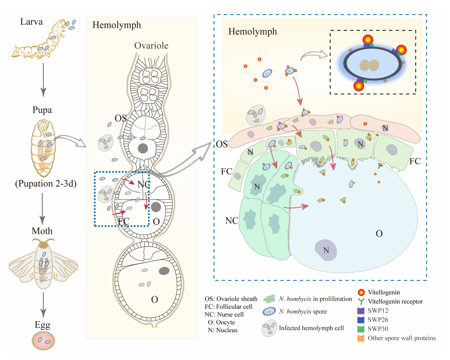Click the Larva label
(32, 22)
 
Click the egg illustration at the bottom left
(43, 340)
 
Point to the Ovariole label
(151, 46)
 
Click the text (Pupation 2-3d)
(46, 184)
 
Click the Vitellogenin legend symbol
(361, 293)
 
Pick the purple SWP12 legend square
(361, 311)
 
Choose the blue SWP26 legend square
(361, 320)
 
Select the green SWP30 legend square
(361, 329)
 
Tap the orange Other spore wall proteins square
(361, 338)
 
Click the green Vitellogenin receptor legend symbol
(361, 302)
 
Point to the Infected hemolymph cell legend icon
(269, 328)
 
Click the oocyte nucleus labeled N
(326, 250)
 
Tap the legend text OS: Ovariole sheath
(231, 299)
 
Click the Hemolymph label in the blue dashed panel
(253, 32)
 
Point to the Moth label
(42, 231)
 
